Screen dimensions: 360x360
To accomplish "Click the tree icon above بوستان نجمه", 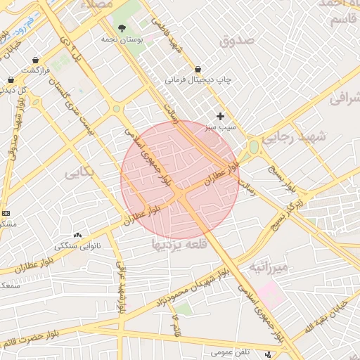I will coord(123,29).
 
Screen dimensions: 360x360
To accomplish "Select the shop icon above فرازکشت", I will coord(35,60).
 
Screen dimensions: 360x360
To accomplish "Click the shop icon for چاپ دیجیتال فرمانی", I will coord(198,70).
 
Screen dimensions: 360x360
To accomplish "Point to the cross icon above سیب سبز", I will coord(221,116).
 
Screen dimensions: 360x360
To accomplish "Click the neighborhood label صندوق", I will coord(236,41).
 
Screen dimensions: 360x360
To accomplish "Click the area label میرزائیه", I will coord(268,268).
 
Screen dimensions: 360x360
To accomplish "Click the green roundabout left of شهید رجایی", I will coord(253,147).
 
